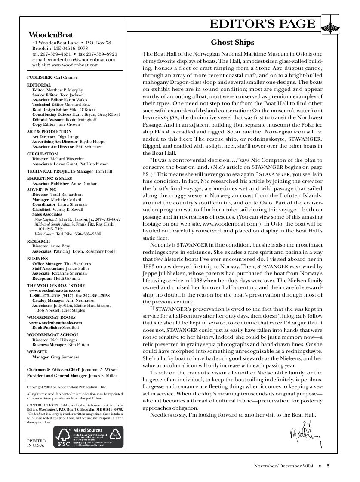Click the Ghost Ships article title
click(232, 42)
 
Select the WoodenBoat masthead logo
click(50, 35)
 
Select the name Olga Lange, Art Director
click(64, 136)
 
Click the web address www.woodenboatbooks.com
click(55, 322)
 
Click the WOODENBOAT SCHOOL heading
click(53, 334)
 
